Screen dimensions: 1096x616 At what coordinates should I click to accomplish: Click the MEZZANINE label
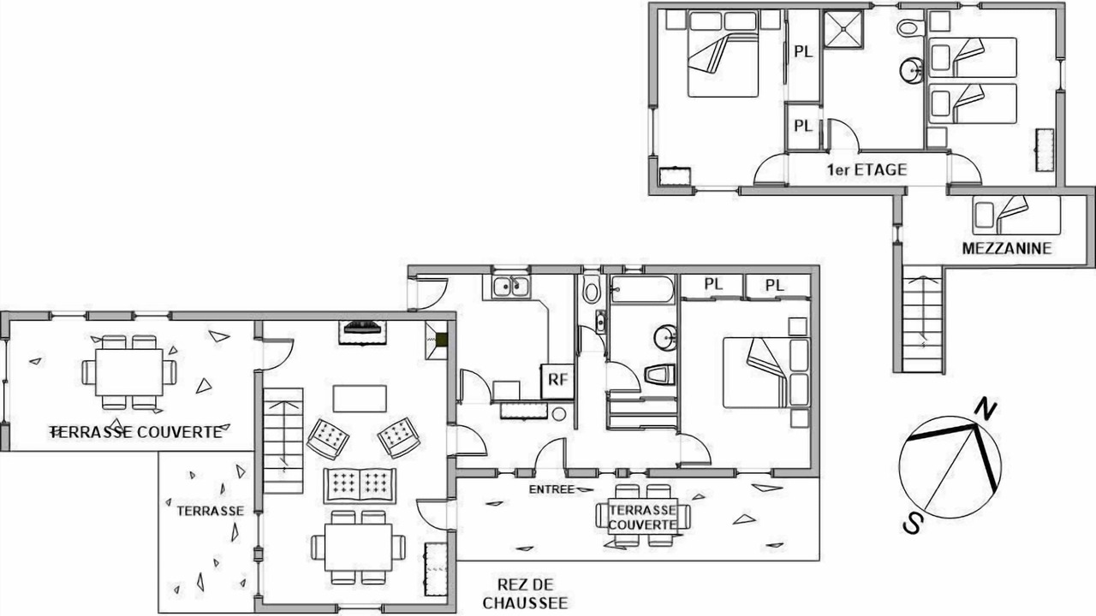tap(1007, 248)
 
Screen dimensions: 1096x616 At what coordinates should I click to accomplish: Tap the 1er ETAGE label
tap(867, 169)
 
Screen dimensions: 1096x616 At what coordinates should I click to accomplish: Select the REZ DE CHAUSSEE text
tap(526, 594)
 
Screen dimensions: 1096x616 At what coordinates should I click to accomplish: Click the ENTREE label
tap(552, 489)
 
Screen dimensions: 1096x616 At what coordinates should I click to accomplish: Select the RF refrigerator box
tap(557, 381)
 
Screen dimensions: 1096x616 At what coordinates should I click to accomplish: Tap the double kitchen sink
tap(511, 287)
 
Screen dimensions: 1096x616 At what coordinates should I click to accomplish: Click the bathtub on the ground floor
tap(642, 289)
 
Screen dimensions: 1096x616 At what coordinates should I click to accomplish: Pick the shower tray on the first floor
tap(843, 28)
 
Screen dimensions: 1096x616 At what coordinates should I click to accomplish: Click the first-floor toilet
tap(909, 27)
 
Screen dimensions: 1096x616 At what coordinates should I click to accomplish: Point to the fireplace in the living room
tap(362, 333)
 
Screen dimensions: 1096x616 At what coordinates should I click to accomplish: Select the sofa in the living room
tap(360, 485)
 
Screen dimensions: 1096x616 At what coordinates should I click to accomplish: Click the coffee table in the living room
tap(360, 399)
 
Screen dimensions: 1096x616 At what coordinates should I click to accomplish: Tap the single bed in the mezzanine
tap(1016, 215)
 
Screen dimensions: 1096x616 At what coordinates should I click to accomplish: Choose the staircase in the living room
tap(283, 441)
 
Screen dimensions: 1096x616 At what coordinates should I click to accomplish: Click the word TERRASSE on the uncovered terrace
tap(211, 511)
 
